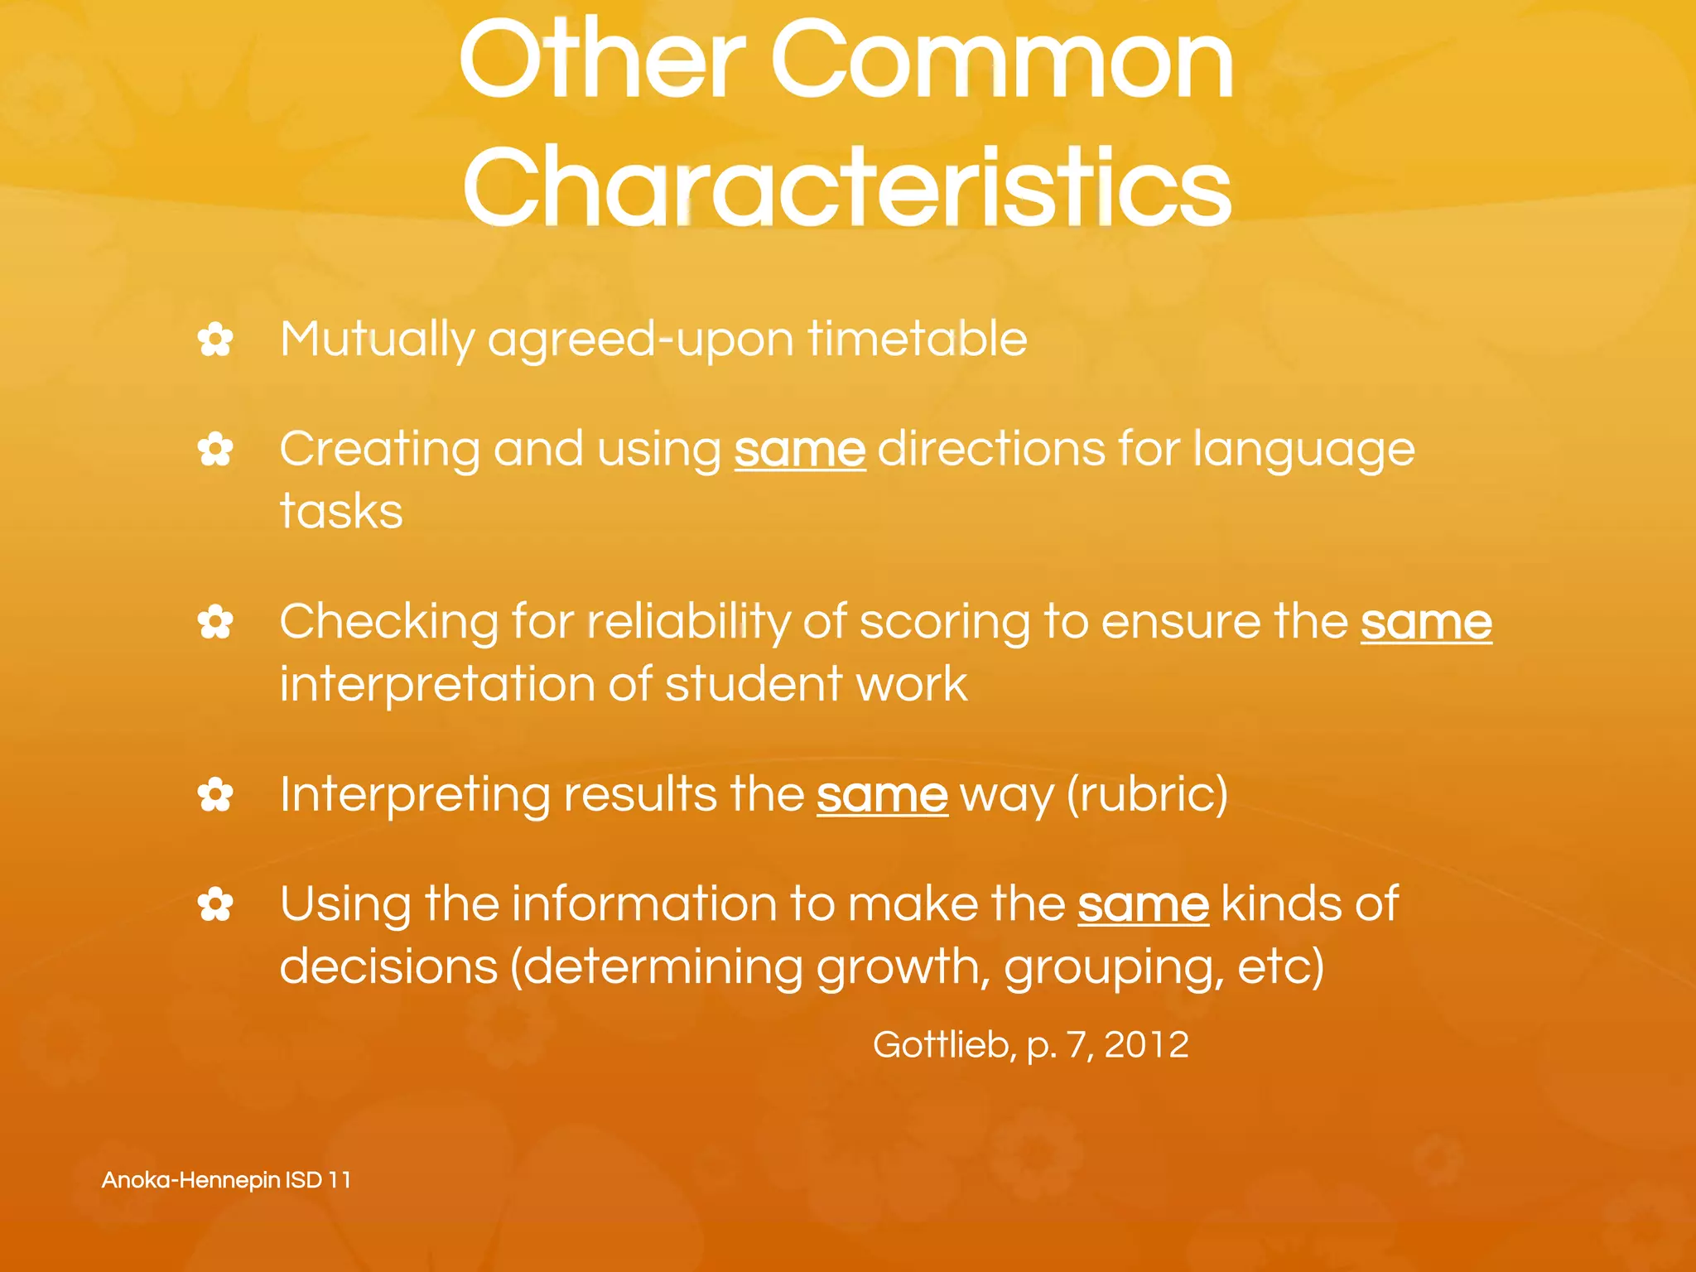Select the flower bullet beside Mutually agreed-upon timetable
tap(215, 340)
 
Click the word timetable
tap(918, 339)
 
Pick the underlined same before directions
tap(799, 450)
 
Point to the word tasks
tap(341, 511)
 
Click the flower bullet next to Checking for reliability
tap(215, 623)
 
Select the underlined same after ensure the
tap(1425, 623)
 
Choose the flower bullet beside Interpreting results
tap(215, 796)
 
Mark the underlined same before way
tap(881, 796)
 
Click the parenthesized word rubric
tap(1147, 796)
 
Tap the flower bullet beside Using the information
tap(215, 904)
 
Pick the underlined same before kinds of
tap(1143, 904)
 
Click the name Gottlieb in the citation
tap(942, 1045)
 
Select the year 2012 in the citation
tap(1146, 1045)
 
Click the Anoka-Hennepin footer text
tap(226, 1180)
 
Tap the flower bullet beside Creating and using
tap(215, 450)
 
